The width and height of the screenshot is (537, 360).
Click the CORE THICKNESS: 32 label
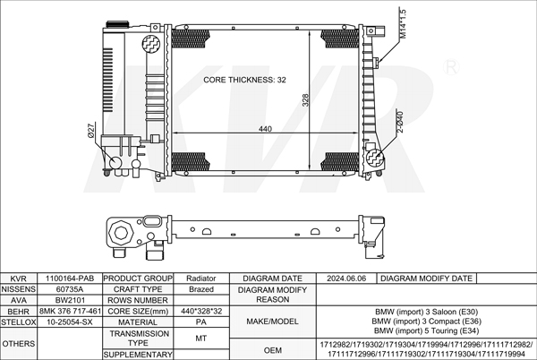pyautogui.click(x=244, y=80)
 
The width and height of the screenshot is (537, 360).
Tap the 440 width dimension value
pyautogui.click(x=265, y=129)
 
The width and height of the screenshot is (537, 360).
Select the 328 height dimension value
pyautogui.click(x=305, y=100)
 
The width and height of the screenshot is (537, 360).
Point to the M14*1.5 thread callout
pyautogui.click(x=403, y=24)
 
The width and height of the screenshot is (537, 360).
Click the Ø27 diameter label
pyautogui.click(x=91, y=131)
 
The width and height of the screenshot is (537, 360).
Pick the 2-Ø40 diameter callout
pyautogui.click(x=400, y=122)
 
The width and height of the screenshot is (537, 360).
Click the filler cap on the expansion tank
pyautogui.click(x=117, y=25)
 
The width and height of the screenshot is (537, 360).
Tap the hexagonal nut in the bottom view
pyautogui.click(x=121, y=233)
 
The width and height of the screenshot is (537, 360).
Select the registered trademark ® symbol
pyautogui.click(x=451, y=67)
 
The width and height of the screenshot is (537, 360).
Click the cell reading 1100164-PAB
pyautogui.click(x=70, y=279)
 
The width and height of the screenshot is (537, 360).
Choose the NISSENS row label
pyautogui.click(x=19, y=289)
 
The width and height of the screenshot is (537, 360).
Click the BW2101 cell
pyautogui.click(x=70, y=300)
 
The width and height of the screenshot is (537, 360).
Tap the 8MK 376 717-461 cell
pyautogui.click(x=70, y=311)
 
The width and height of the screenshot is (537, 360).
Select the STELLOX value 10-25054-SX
pyautogui.click(x=70, y=322)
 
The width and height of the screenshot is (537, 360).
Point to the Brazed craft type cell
pyautogui.click(x=201, y=289)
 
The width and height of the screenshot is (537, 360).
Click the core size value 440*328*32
pyautogui.click(x=201, y=311)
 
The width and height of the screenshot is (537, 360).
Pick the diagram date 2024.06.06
pyautogui.click(x=346, y=279)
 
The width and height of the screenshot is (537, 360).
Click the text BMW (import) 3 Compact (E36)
pyautogui.click(x=426, y=321)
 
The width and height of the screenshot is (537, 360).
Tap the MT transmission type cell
pyautogui.click(x=201, y=339)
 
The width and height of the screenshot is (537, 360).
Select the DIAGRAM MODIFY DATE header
pyautogui.click(x=426, y=279)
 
